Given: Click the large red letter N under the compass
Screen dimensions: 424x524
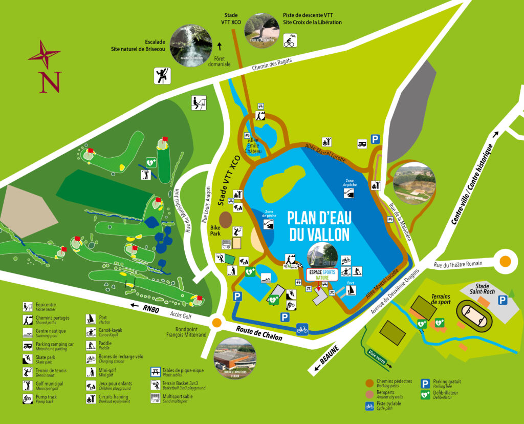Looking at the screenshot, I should click(50, 82).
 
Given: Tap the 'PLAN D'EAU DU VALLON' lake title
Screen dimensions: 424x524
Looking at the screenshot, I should click(319, 226).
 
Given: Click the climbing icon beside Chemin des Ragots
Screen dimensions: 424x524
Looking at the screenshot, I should click(162, 76).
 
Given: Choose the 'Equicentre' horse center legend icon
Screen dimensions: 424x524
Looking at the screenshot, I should click(28, 307).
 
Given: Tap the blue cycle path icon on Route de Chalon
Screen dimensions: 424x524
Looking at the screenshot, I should click(302, 329).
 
